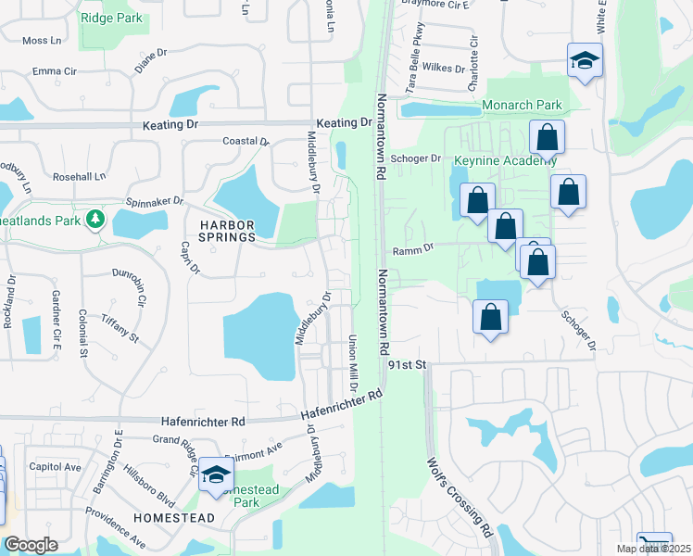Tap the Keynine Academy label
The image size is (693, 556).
505,160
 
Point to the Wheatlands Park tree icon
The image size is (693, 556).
94,220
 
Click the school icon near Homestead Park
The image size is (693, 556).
217,476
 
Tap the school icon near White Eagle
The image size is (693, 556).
584,62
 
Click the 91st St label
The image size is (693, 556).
407,365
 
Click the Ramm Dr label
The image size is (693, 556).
413,248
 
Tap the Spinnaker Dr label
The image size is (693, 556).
154,201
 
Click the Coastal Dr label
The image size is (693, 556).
246,141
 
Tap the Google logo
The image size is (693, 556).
31,545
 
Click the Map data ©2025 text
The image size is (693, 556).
653,549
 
